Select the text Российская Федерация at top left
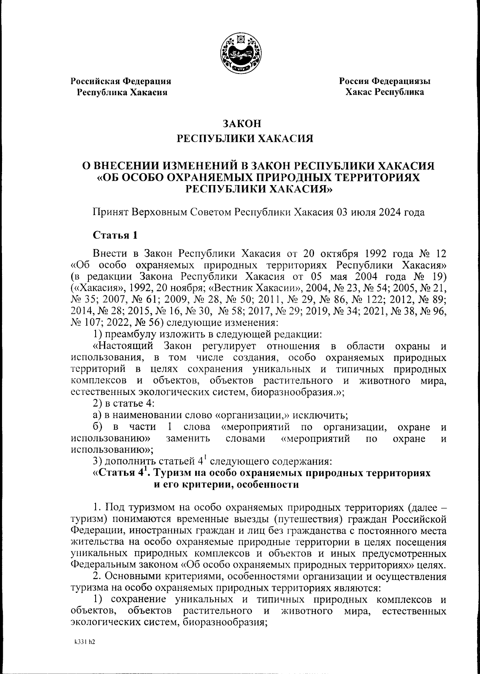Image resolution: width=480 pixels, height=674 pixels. pos(121,81)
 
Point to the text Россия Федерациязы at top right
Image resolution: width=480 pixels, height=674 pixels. pos(385,81)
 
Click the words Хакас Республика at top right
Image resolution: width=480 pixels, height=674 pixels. pos(385,92)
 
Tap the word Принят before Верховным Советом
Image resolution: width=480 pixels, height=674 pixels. pos(110,212)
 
